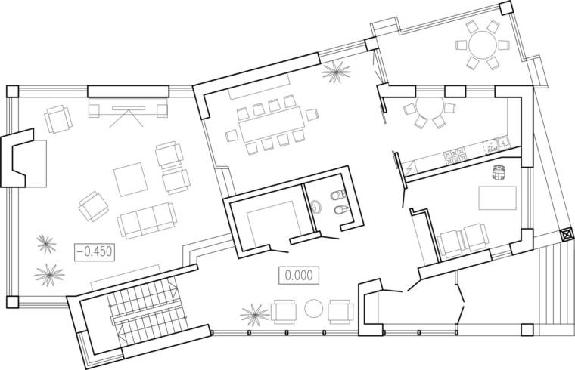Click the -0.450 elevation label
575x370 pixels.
tap(95, 252)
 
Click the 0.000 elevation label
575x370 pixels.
tap(299, 276)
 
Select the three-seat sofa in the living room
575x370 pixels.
tap(147, 220)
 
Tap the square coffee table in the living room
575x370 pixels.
tap(131, 179)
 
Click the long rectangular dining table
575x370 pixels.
tap(272, 124)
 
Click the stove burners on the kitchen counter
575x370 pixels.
tap(455, 156)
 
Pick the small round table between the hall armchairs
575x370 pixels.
tap(313, 309)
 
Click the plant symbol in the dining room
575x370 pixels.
tap(336, 72)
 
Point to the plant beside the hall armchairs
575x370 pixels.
tap(254, 314)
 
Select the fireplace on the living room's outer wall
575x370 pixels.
tap(17, 158)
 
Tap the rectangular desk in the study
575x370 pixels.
tap(498, 198)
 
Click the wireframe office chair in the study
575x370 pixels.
tap(498, 172)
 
